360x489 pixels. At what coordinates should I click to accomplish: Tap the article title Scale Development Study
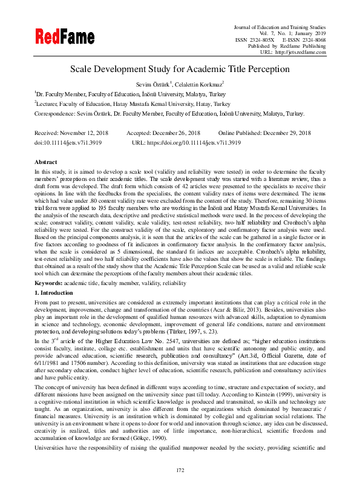pyautogui.click(x=180, y=69)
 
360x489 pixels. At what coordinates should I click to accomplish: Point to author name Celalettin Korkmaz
pyautogui.click(x=200, y=84)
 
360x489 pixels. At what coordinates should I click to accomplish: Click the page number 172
pyautogui.click(x=180, y=470)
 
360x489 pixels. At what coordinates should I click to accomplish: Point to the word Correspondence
pyautogui.click(x=55, y=113)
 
